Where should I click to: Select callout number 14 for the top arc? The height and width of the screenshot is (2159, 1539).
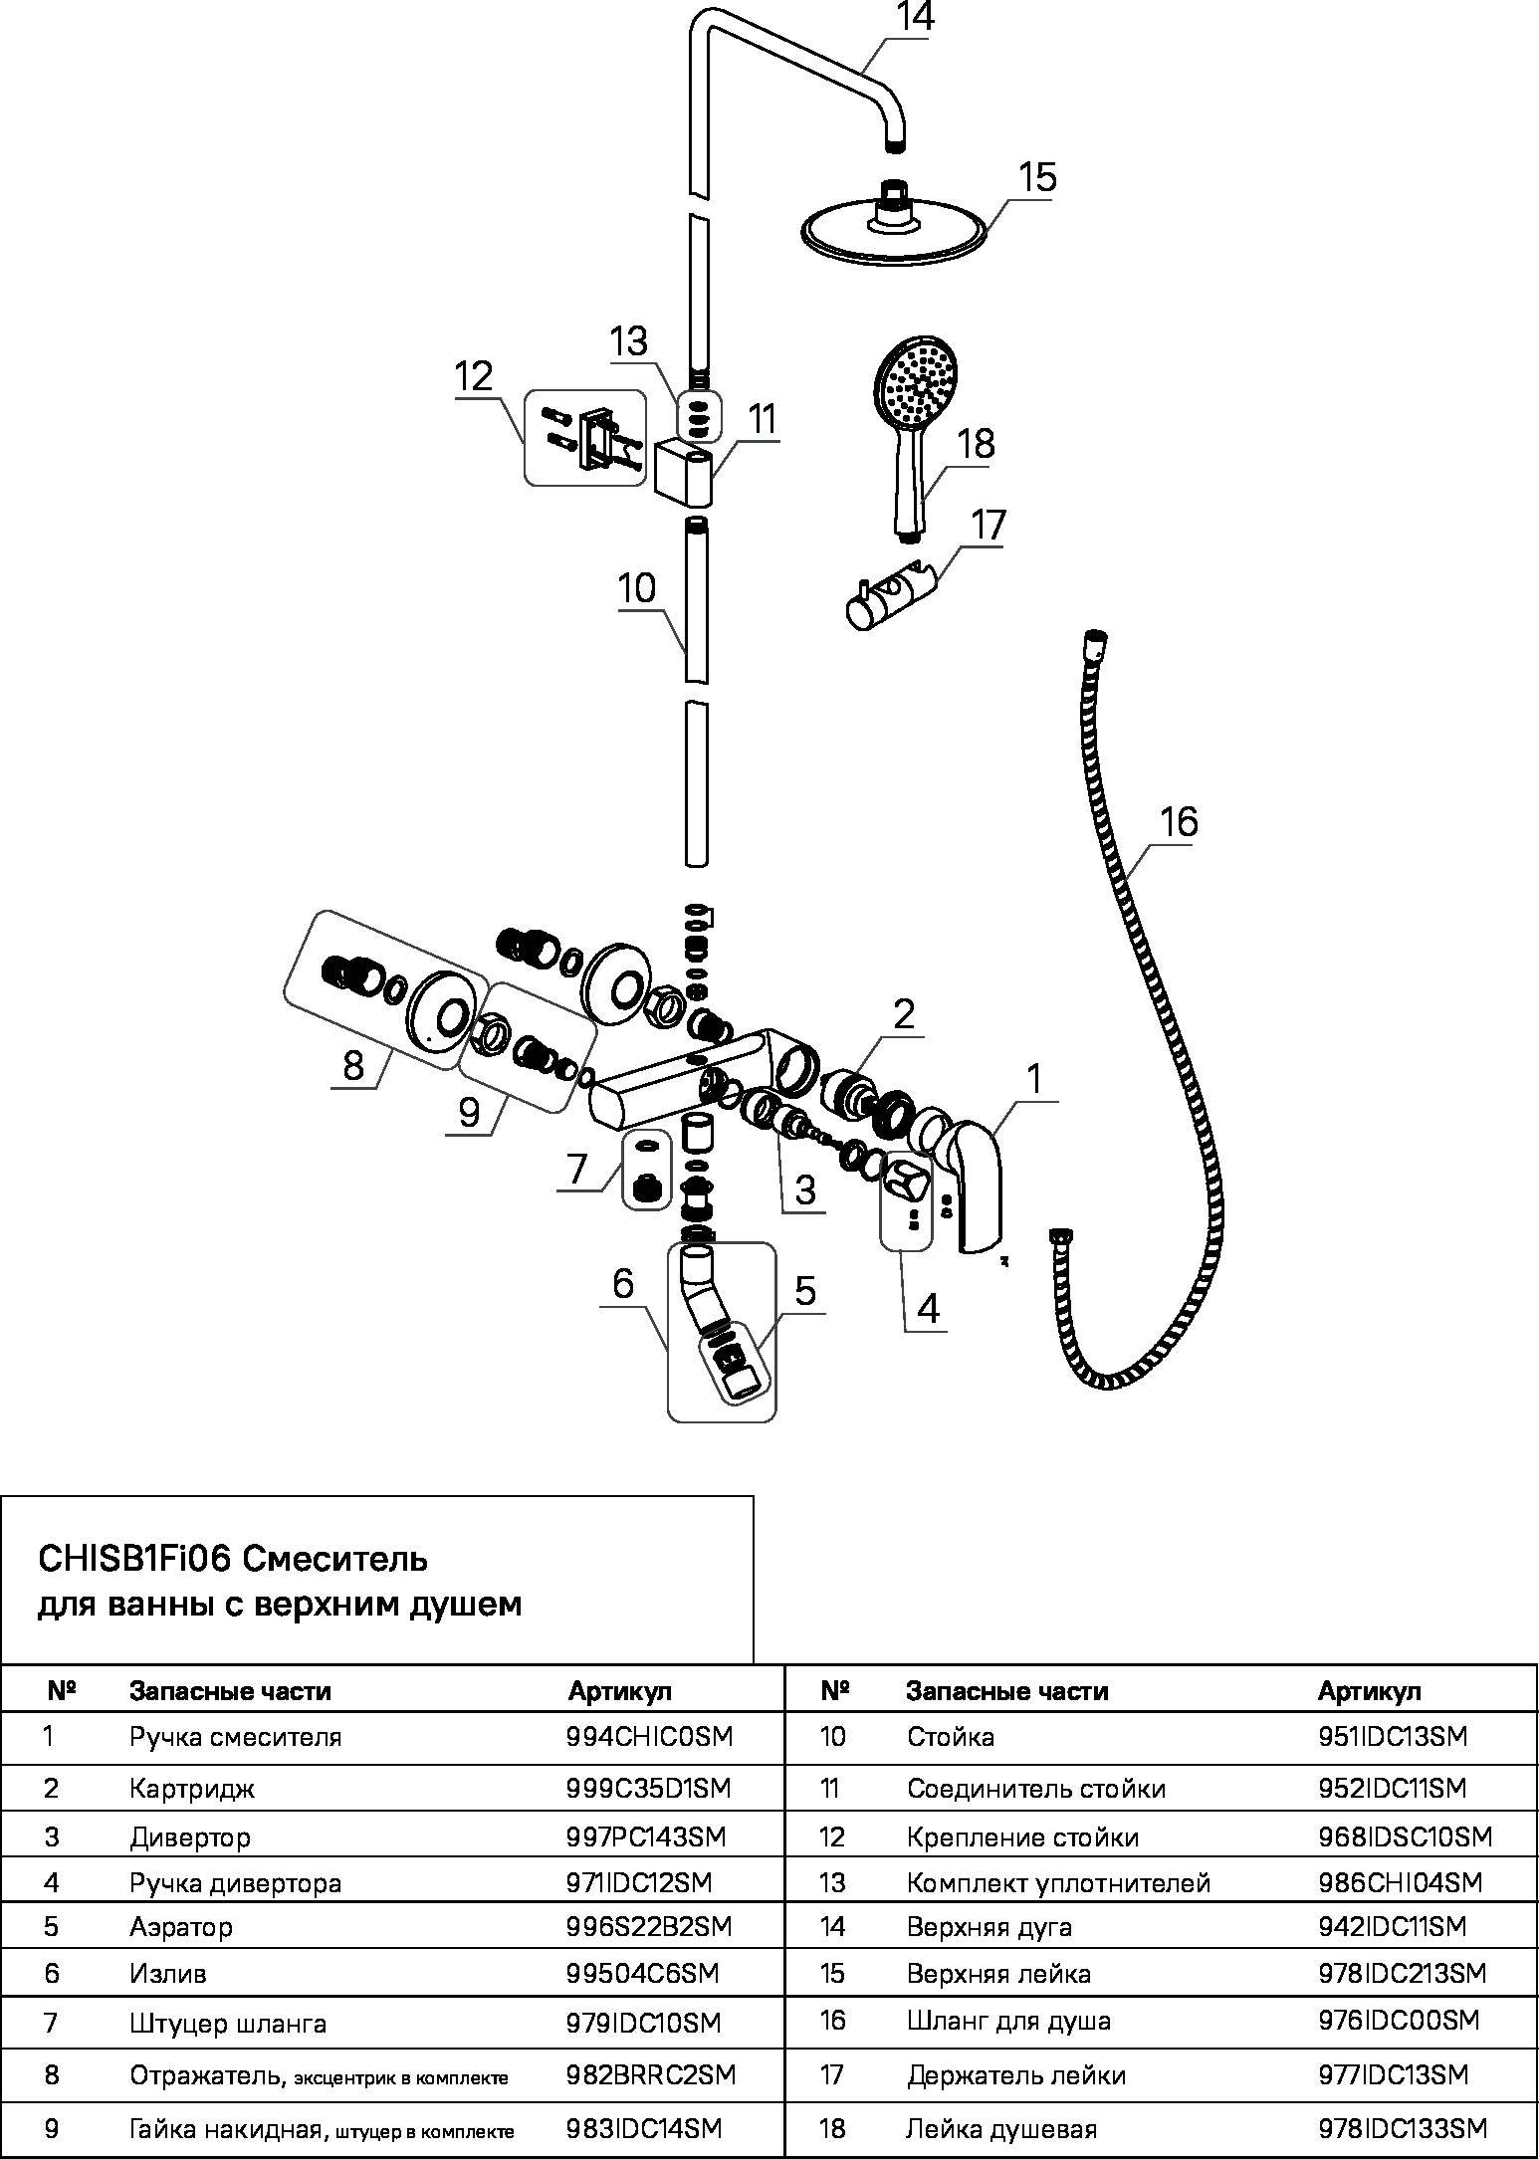[915, 18]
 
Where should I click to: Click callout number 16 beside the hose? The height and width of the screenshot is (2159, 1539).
[1179, 822]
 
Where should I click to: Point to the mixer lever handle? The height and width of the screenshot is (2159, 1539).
[979, 1185]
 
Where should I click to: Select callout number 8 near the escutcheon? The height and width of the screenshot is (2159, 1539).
[353, 1065]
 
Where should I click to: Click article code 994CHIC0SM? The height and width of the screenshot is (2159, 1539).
[649, 1737]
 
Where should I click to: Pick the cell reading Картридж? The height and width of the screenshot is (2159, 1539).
[192, 1789]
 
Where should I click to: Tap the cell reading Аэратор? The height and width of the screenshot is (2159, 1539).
[181, 1927]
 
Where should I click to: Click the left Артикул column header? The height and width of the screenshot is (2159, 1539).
[619, 1690]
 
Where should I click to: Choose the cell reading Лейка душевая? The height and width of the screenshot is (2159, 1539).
[1001, 2129]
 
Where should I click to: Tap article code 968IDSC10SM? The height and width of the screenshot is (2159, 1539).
[1405, 1836]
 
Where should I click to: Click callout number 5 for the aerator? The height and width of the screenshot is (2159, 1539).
[805, 1290]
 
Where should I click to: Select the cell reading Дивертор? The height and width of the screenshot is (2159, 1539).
[190, 1836]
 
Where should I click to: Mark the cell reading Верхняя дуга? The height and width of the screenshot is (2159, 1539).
[989, 1927]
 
